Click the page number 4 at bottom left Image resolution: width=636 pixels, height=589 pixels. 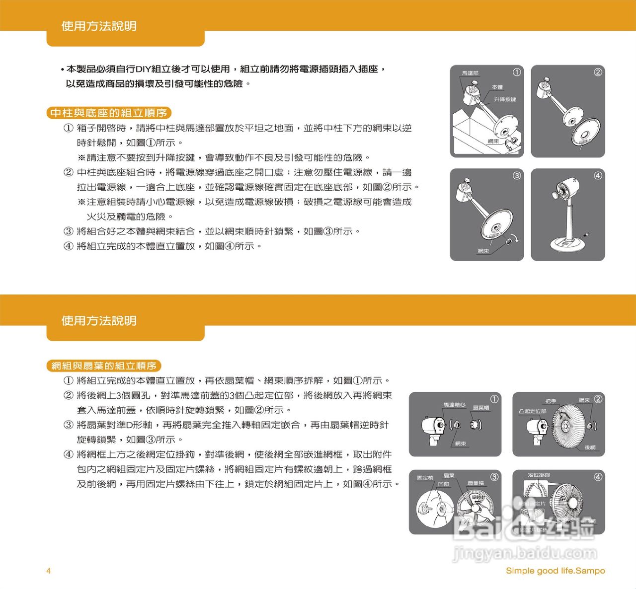(49, 571)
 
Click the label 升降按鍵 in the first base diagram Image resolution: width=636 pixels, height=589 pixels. (505, 99)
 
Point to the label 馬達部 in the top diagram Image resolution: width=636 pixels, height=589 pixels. (470, 73)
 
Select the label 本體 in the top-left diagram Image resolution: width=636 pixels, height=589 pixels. (497, 87)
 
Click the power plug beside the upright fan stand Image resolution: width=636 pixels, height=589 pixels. (588, 234)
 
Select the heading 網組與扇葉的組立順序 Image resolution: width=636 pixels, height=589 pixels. (104, 366)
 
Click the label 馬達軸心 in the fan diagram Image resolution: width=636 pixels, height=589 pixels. (454, 405)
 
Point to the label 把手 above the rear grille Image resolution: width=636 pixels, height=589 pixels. (551, 401)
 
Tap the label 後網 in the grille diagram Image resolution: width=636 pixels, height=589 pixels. (590, 447)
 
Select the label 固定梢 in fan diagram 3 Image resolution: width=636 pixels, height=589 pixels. (425, 478)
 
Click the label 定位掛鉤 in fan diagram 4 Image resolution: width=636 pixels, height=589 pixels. (539, 475)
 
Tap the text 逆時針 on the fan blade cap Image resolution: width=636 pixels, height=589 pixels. (478, 497)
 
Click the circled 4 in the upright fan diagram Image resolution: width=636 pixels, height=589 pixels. (598, 175)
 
